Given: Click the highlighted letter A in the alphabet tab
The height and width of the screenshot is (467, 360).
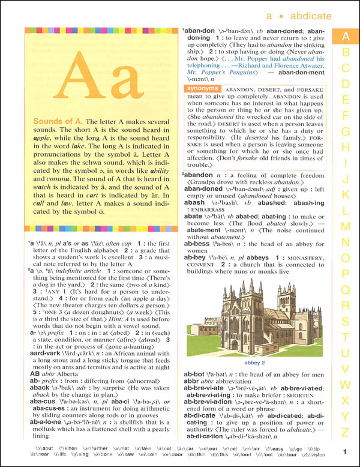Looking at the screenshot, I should (345, 36).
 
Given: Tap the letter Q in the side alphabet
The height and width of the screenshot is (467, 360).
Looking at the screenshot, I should (345, 290).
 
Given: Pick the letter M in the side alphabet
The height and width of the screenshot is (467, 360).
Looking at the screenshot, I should (345, 226).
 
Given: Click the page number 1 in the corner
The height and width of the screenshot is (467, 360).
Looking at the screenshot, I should (345, 452).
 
